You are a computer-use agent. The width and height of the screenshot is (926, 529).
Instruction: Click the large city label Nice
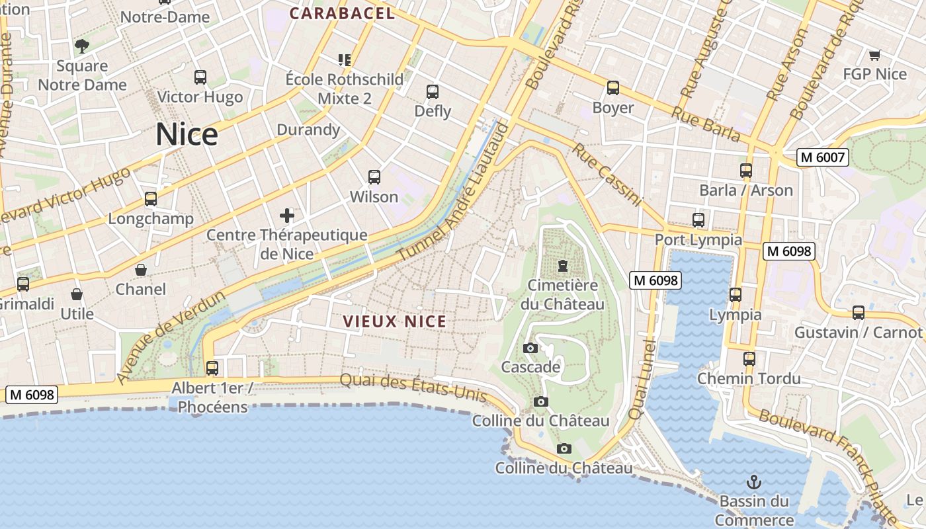point(187,135)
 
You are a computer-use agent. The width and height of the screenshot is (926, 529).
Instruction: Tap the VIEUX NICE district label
point(394,322)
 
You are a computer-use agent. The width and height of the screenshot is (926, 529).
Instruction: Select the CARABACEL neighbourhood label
point(342,13)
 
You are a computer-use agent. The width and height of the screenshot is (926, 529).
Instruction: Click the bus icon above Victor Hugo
point(200,77)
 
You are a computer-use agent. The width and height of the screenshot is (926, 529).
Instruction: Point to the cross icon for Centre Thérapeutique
point(286,216)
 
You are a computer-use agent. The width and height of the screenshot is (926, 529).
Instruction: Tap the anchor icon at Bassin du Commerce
point(753,482)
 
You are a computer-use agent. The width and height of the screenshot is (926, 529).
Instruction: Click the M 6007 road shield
point(823,157)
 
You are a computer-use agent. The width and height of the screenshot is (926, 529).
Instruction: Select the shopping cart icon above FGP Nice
point(874,55)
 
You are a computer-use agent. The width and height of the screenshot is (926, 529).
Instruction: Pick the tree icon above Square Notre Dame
point(82,46)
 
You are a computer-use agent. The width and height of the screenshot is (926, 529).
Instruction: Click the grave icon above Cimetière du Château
point(562,266)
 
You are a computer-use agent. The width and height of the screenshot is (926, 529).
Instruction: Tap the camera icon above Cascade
point(530,348)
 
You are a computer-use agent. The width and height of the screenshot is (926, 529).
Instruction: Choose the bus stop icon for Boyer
point(613,88)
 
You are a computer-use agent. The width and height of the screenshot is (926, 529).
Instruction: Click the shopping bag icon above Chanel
point(141,270)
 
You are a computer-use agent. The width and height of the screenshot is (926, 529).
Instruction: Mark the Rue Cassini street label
point(607,175)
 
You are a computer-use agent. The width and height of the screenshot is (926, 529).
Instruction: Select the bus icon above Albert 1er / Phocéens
point(212,368)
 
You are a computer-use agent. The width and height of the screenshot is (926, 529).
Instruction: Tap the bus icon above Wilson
point(374,177)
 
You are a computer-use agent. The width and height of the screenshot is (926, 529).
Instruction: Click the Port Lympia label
point(698,239)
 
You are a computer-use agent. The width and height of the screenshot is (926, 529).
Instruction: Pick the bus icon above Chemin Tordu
point(749,359)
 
